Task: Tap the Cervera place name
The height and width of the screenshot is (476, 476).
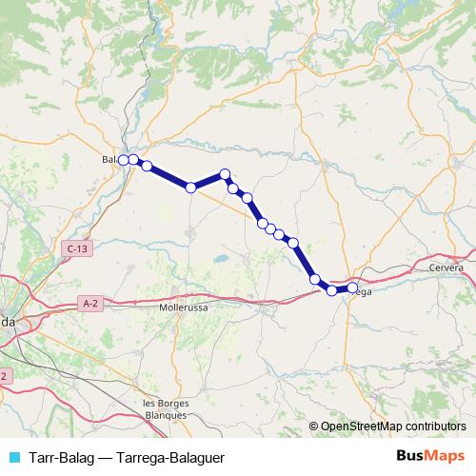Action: point(446,268)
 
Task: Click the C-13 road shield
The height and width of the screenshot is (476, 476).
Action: point(78,248)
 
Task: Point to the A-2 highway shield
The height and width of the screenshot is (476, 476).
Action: point(90,304)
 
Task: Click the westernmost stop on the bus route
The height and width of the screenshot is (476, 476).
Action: point(124,160)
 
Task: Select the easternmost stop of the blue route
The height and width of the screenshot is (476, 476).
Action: point(352,287)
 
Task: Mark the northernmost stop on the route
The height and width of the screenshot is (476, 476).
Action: point(226,174)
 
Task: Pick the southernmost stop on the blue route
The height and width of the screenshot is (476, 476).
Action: point(332,290)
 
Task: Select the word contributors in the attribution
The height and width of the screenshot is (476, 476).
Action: point(433,427)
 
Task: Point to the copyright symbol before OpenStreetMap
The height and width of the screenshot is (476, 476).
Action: point(313,427)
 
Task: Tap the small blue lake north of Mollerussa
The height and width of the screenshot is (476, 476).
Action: point(220,257)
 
